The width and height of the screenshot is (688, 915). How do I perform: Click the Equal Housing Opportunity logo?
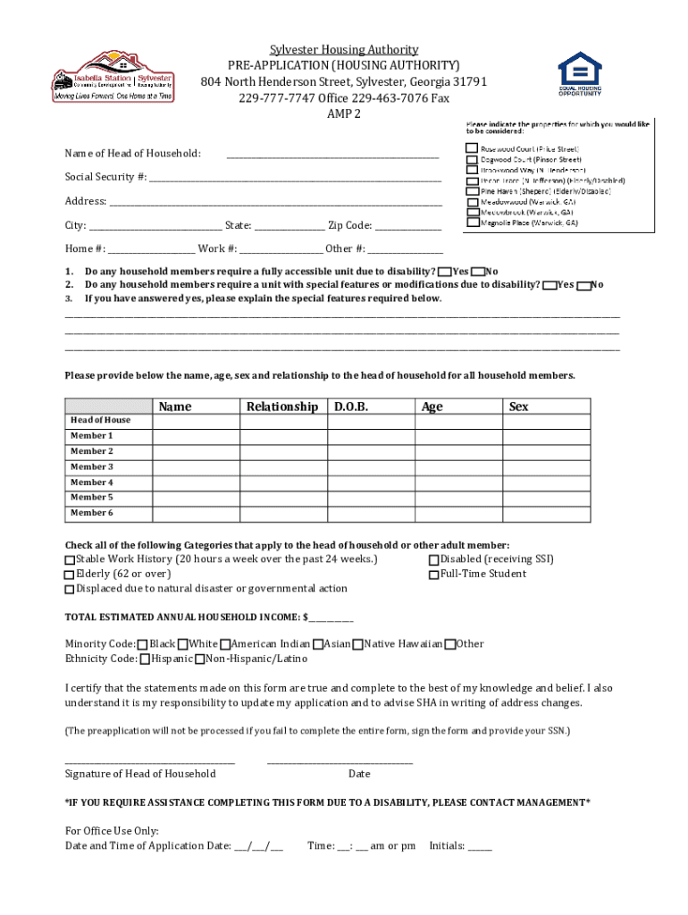[580, 74]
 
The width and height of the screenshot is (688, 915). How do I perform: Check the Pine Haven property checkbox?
[471, 191]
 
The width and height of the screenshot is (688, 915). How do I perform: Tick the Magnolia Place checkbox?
[471, 223]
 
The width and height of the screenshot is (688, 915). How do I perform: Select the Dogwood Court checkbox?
[471, 159]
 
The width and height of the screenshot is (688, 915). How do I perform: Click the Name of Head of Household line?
[332, 155]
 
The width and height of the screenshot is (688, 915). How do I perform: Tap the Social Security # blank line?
[295, 179]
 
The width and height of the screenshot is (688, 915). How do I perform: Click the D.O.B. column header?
[351, 407]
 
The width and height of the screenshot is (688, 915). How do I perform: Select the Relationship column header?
[282, 407]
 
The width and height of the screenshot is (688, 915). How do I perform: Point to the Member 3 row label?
[92, 466]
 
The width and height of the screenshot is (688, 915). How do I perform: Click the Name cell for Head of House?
[197, 421]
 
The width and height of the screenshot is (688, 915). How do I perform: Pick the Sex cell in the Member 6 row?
[547, 513]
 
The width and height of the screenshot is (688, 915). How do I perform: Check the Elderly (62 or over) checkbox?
[70, 575]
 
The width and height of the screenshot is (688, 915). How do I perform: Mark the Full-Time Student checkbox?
[433, 575]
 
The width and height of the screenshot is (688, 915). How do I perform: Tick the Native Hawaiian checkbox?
[357, 644]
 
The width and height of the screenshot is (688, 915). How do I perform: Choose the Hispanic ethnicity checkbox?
[145, 659]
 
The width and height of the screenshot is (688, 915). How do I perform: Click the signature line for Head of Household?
[149, 760]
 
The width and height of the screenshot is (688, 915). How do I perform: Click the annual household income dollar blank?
[331, 618]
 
